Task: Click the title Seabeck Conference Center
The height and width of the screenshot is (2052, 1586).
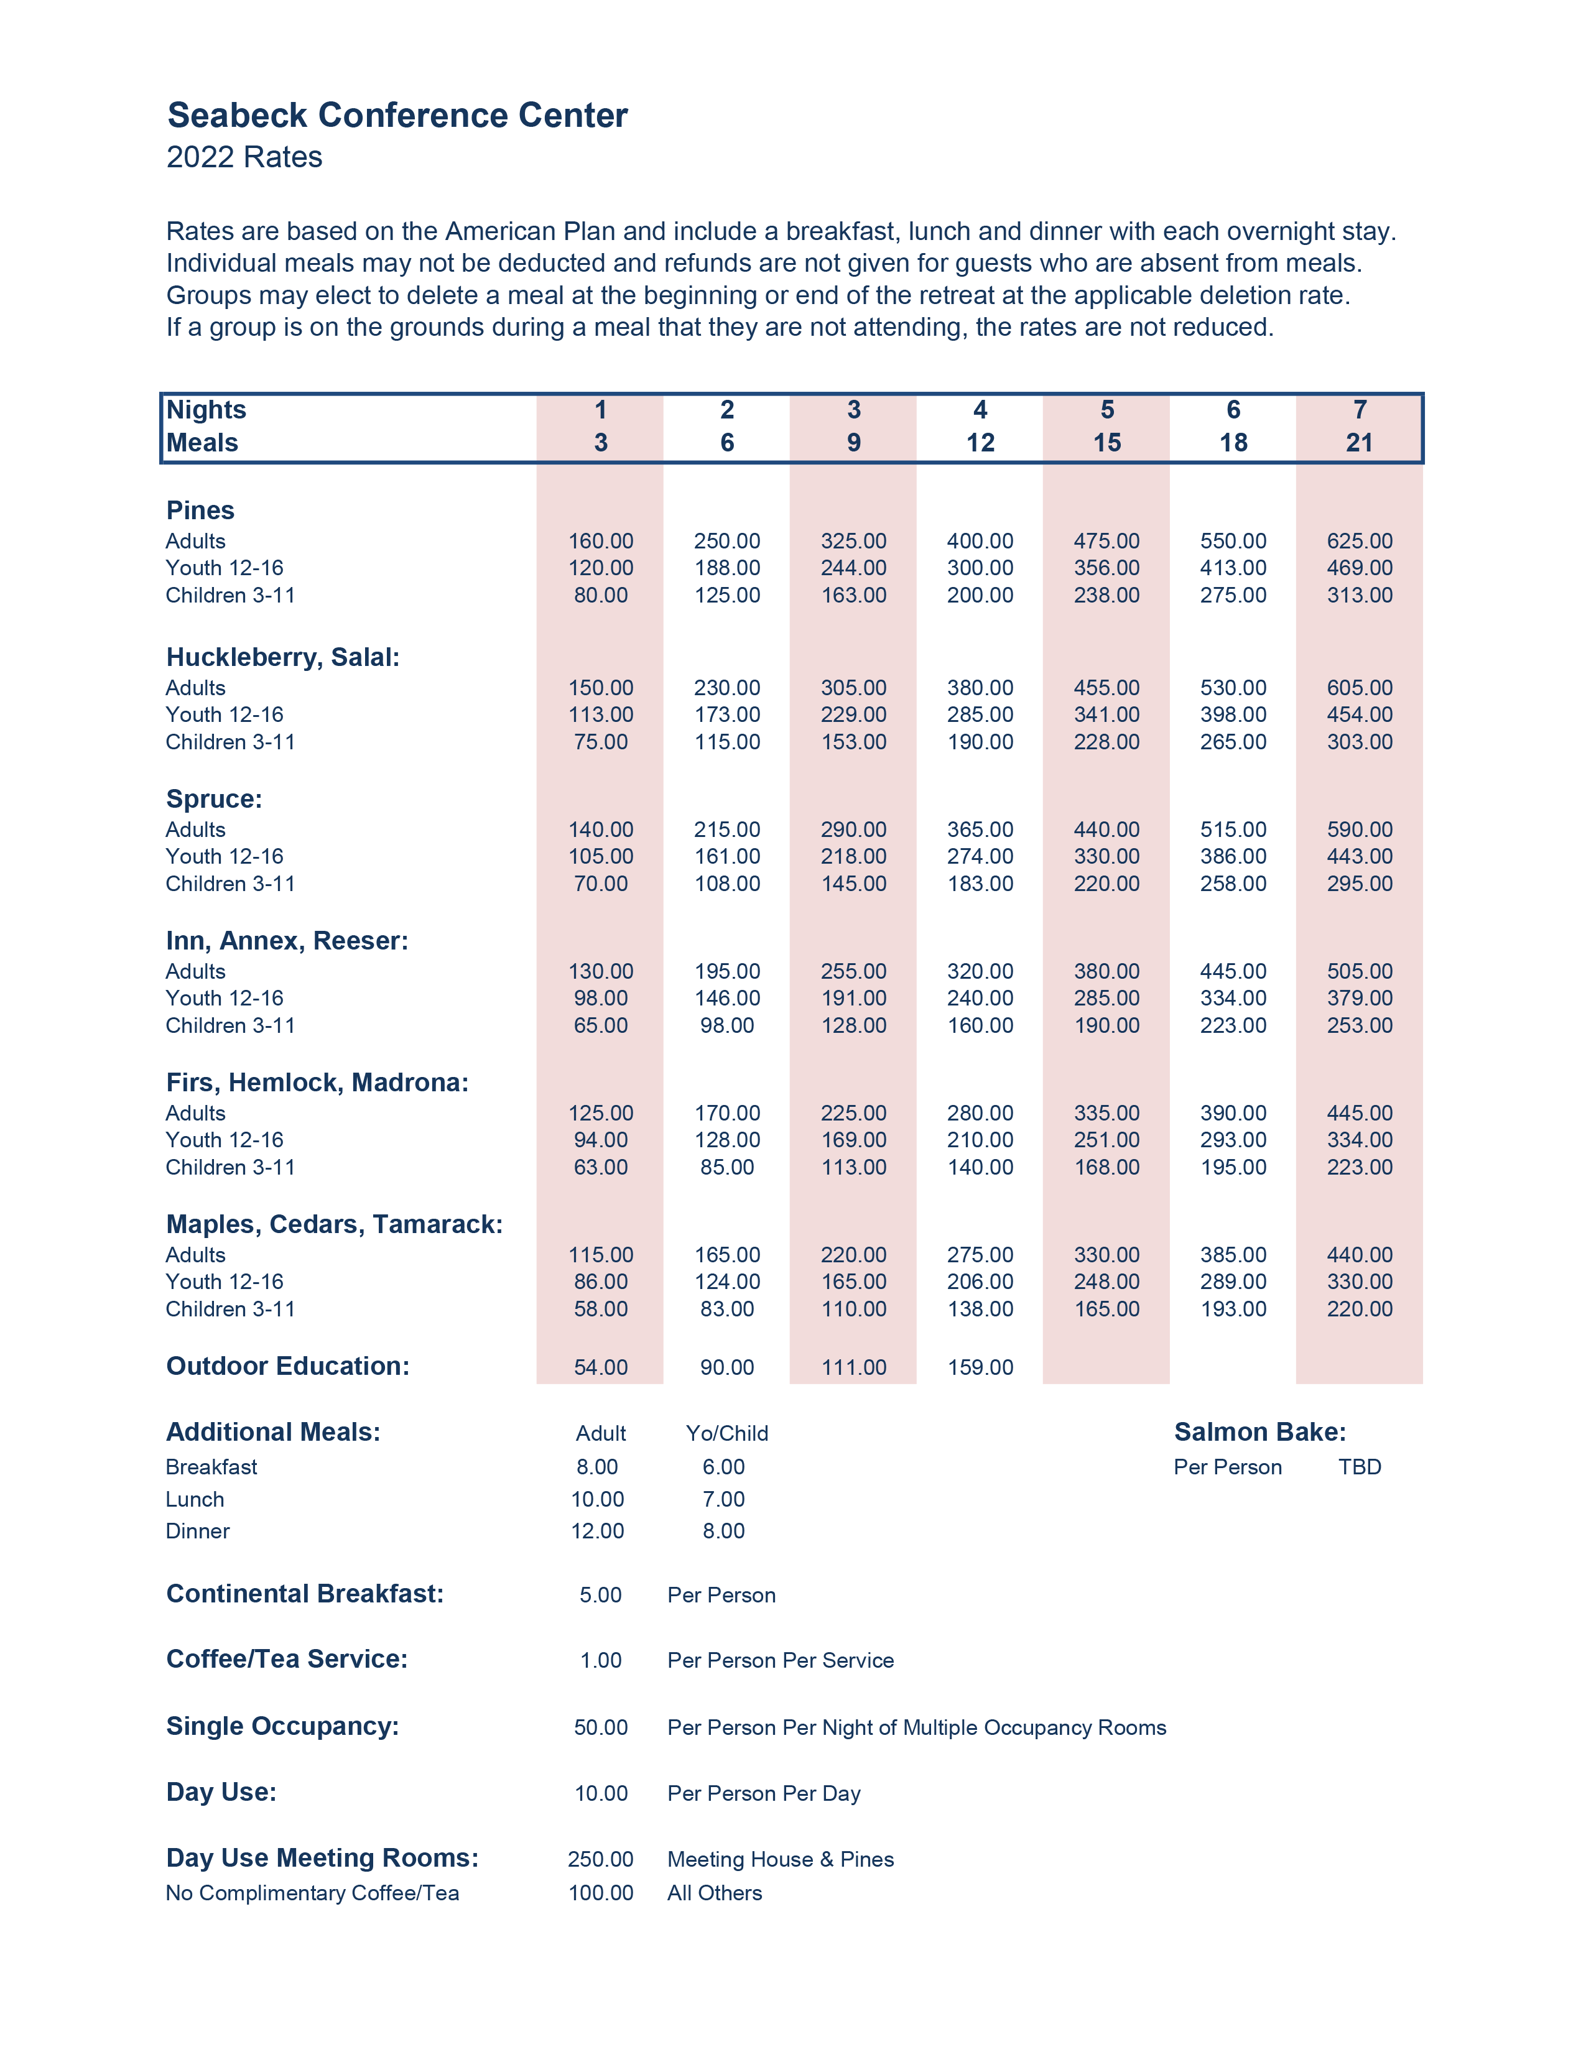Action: click(x=397, y=116)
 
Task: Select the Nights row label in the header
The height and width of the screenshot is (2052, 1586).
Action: click(x=206, y=410)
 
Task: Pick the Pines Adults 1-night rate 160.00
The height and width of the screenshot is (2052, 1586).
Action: click(x=600, y=541)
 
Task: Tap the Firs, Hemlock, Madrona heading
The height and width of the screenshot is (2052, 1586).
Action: click(x=317, y=1083)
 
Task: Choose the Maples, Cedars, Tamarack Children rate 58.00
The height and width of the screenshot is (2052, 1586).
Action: click(x=600, y=1309)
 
